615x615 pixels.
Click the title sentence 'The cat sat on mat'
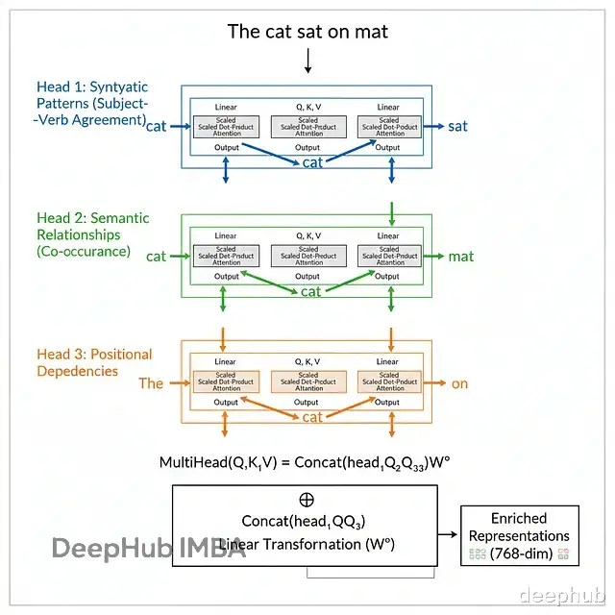(307, 31)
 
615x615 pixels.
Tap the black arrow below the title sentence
(307, 61)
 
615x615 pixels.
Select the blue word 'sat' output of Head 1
(457, 126)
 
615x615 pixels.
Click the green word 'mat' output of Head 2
(460, 257)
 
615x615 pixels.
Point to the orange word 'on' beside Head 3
(459, 383)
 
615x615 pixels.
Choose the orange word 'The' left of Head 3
(151, 383)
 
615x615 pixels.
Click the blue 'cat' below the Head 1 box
(312, 162)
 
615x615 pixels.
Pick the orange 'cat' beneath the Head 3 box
(312, 417)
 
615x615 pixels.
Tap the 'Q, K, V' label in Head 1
(307, 108)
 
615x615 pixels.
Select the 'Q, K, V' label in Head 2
(307, 235)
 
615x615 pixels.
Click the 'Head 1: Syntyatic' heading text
(91, 87)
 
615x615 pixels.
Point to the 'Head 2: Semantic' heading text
(92, 218)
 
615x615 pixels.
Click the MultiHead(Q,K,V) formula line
(305, 462)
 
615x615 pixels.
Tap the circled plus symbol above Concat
(307, 500)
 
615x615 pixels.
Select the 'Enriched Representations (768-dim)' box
(520, 535)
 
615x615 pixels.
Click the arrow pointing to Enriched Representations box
(449, 535)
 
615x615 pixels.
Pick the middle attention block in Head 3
(307, 381)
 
